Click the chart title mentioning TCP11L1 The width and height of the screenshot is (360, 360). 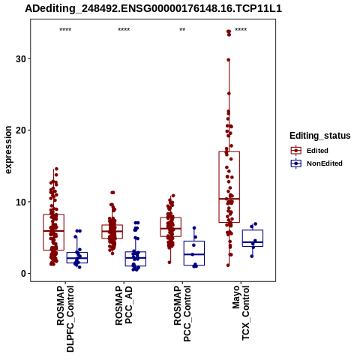(x=153, y=9)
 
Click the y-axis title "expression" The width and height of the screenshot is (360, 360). (x=8, y=150)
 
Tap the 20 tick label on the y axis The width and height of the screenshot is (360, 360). (x=21, y=130)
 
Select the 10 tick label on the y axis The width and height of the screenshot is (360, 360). (x=21, y=202)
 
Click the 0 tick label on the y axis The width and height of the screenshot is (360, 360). (x=24, y=274)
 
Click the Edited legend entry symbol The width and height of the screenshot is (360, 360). (x=296, y=151)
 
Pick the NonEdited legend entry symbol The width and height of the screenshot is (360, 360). (x=296, y=163)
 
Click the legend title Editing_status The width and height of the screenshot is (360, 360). (x=320, y=136)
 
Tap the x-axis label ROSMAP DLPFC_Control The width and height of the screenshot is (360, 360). (x=65, y=319)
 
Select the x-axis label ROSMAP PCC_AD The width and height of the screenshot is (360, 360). (x=124, y=305)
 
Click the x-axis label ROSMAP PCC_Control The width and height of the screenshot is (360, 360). (x=182, y=313)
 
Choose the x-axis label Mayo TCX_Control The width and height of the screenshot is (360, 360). (x=241, y=313)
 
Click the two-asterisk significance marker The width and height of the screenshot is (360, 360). (x=182, y=30)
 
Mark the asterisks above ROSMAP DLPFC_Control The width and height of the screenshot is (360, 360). (x=65, y=30)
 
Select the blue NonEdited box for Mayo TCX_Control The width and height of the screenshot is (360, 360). (x=253, y=230)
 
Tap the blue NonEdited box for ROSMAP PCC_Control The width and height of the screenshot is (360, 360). (x=194, y=241)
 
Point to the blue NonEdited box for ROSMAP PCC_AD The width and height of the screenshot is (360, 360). (x=136, y=252)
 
